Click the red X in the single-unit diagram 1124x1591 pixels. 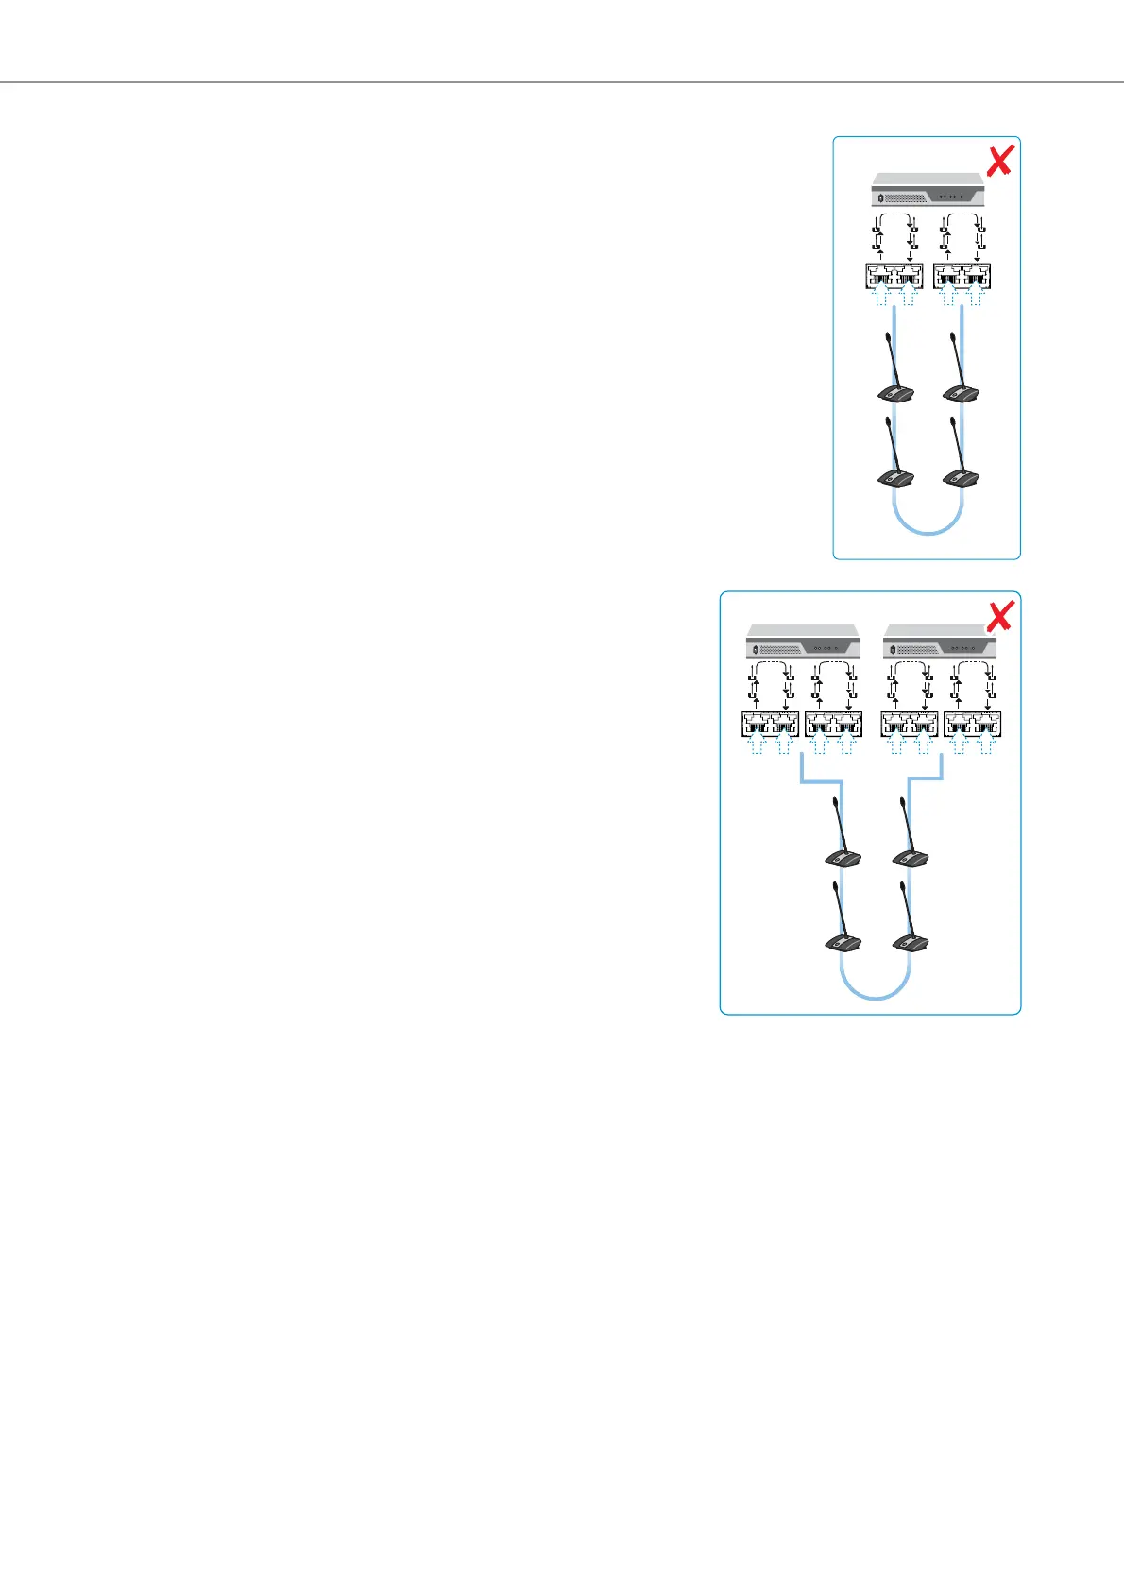[999, 161]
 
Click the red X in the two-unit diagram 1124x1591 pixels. [999, 616]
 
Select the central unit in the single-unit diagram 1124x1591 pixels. [928, 190]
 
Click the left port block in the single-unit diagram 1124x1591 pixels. [894, 276]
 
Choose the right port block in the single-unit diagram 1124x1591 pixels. [962, 276]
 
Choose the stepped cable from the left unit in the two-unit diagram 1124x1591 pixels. [820, 781]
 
